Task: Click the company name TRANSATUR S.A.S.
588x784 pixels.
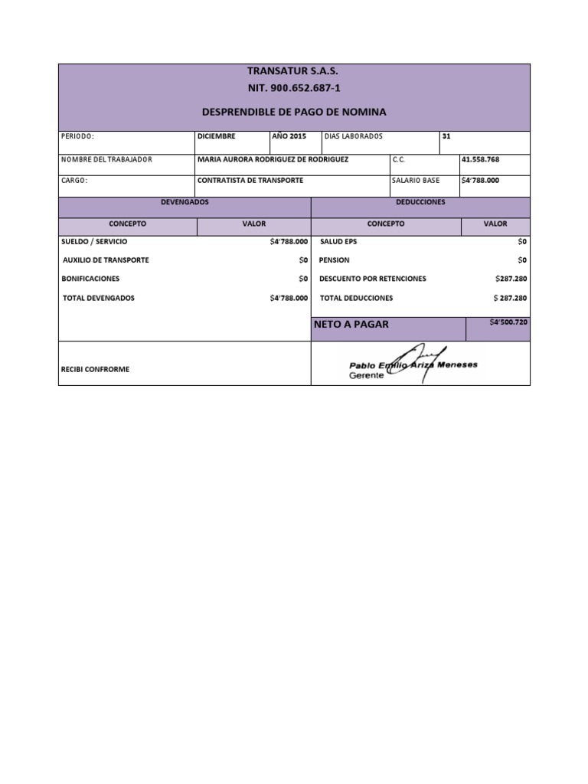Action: click(293, 70)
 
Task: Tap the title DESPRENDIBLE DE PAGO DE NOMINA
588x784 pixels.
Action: click(293, 112)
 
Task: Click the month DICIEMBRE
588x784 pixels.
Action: click(217, 136)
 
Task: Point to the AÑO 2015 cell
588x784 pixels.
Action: click(289, 136)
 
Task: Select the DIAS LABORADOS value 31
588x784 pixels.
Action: click(446, 136)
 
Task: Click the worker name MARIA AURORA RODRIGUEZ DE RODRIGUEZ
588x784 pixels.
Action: click(272, 159)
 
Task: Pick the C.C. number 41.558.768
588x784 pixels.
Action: click(480, 159)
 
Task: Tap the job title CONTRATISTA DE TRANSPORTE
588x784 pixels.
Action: click(250, 181)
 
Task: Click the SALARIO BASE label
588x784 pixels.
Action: click(416, 181)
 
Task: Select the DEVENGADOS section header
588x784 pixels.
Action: click(185, 202)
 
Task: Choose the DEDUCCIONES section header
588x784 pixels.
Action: click(420, 202)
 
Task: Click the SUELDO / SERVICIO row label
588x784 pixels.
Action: click(94, 241)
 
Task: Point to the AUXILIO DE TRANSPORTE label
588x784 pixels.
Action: click(106, 260)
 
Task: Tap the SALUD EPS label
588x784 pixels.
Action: click(338, 241)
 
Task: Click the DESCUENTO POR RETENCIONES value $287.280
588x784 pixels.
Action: click(511, 279)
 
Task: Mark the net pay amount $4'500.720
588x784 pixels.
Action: click(508, 322)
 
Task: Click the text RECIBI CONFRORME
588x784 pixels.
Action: click(95, 369)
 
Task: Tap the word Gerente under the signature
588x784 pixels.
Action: click(366, 376)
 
